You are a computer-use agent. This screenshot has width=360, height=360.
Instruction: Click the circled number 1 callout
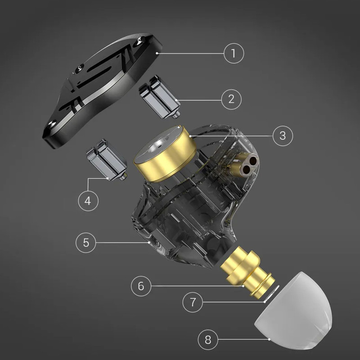234,53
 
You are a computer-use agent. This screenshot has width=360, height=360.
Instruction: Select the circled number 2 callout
231,99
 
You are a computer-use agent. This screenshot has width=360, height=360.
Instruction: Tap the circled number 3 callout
283,136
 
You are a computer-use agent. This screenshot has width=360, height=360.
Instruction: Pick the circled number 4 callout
88,201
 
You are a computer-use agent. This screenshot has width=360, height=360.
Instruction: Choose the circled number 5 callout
86,243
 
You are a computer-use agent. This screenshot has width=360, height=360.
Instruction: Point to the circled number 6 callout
141,286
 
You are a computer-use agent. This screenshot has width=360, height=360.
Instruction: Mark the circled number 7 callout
193,302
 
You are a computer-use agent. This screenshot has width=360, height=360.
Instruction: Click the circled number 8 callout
208,340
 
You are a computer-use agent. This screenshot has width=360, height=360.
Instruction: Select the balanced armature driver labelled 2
160,97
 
